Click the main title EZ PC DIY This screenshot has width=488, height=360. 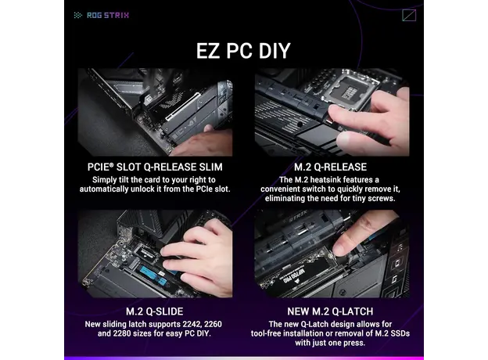(x=243, y=51)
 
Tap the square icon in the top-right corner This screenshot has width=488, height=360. (x=408, y=14)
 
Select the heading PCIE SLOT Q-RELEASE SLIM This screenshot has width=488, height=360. (x=155, y=167)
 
